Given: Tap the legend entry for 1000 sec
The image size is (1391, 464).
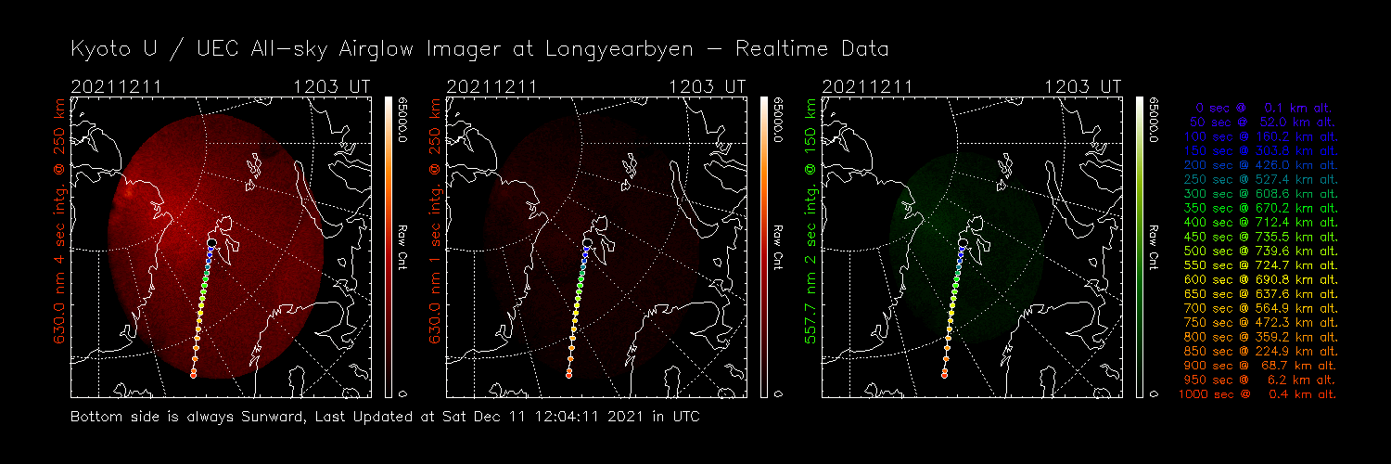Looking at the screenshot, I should [x=1257, y=394].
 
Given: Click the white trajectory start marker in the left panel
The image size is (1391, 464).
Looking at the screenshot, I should [x=212, y=243].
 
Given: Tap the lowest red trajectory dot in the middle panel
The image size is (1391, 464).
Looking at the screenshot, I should [x=568, y=374].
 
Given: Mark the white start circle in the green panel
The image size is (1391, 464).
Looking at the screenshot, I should [x=963, y=242].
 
